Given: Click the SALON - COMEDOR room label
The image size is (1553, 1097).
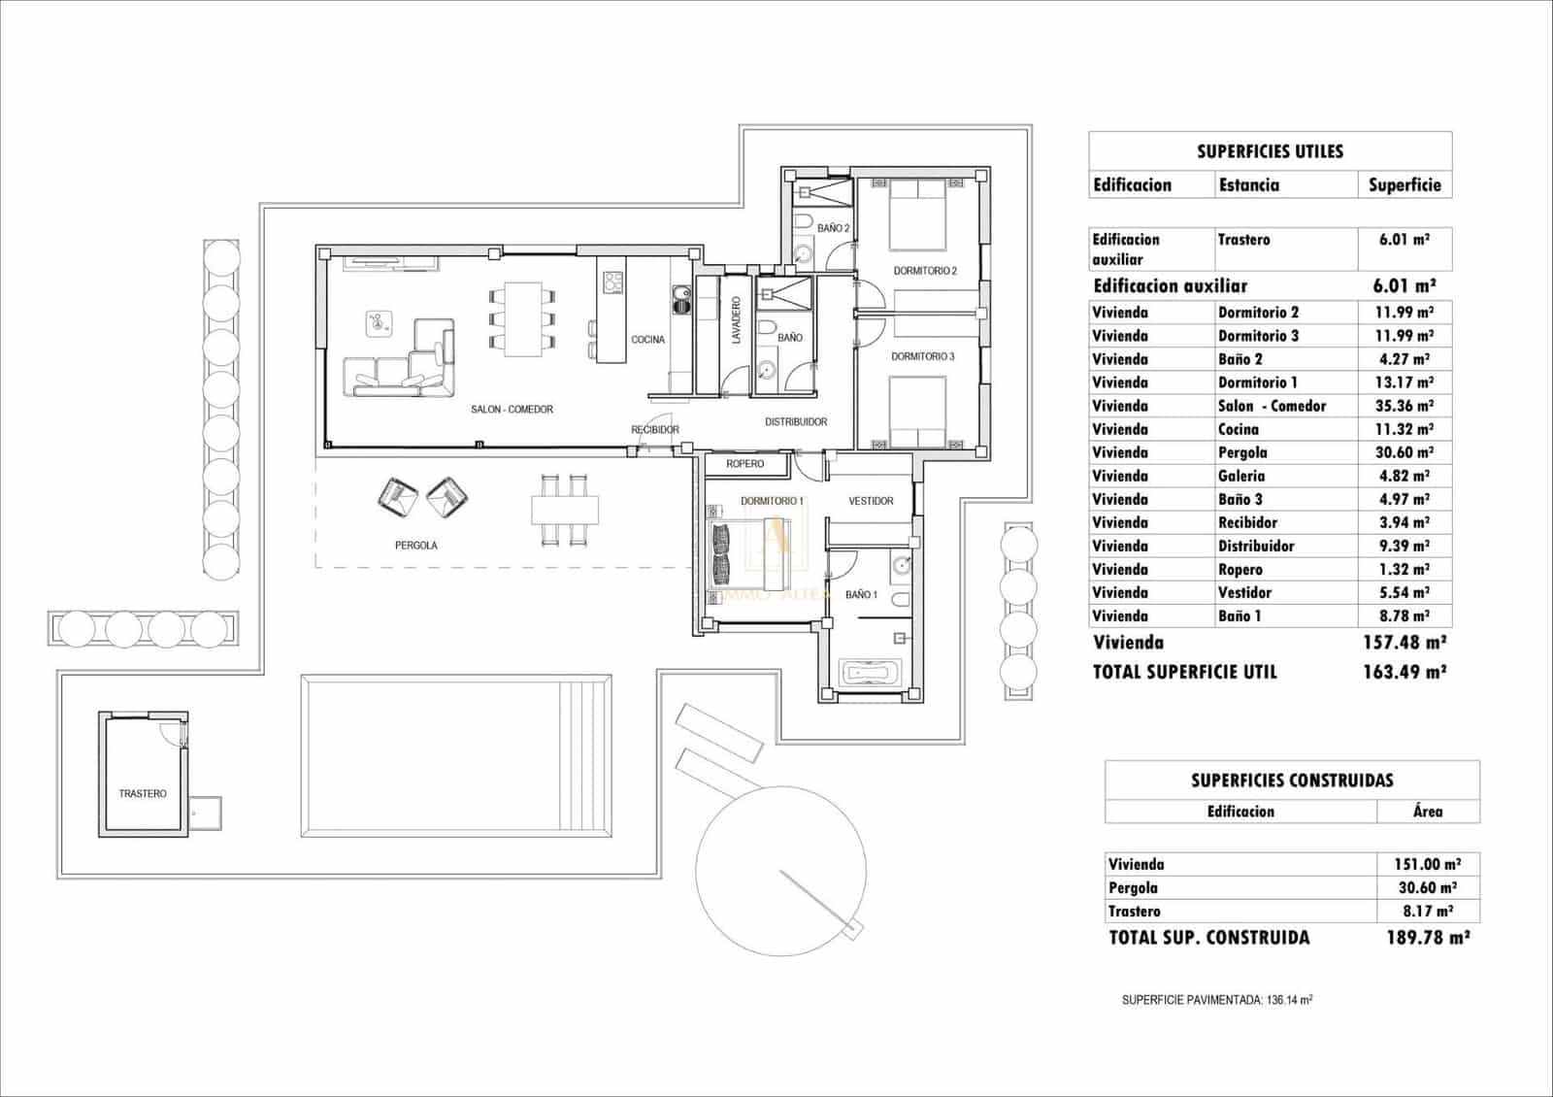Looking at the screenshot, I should tap(512, 410).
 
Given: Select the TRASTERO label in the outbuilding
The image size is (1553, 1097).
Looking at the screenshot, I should tap(143, 794).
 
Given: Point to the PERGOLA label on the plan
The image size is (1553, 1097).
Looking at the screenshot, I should tap(415, 546).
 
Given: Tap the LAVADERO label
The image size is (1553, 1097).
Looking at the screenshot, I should tap(736, 320).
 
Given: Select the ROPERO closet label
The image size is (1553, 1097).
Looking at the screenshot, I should tap(744, 464).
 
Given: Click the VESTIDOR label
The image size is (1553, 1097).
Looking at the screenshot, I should tap(871, 501).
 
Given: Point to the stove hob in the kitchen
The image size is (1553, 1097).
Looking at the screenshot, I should tap(613, 282).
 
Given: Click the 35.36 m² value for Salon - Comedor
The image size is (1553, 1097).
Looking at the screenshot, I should tap(1404, 406).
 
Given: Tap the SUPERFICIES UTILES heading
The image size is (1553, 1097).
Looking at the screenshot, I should tap(1270, 151).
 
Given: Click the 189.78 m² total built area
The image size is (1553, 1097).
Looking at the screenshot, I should tap(1428, 938).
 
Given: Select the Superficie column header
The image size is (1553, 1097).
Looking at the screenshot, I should tap(1404, 184).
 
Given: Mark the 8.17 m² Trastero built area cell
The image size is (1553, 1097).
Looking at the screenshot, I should tap(1427, 912).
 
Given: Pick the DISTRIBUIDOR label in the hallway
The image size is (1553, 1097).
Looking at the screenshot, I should tap(796, 422).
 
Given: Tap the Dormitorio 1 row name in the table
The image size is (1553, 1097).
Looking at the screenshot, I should tap(1258, 382).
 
